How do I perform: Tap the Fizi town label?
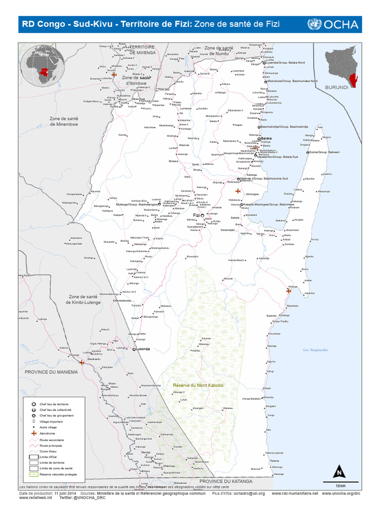[196, 215]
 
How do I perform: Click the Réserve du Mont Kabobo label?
[198, 385]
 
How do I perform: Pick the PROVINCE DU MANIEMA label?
[52, 372]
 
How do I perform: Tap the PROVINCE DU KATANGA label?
[226, 481]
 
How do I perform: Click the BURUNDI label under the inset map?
[336, 87]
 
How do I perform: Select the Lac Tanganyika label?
[316, 350]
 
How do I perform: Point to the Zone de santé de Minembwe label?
[64, 121]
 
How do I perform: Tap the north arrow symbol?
[339, 471]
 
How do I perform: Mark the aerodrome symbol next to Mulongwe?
[237, 191]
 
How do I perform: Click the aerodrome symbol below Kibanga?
[288, 291]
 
